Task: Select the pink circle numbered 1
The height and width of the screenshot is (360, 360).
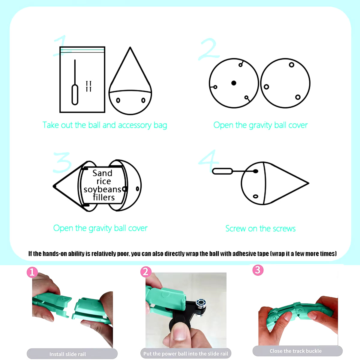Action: [x=32, y=272]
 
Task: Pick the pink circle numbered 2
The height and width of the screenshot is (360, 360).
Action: [x=146, y=271]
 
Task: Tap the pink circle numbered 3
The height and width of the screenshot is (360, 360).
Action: [x=258, y=270]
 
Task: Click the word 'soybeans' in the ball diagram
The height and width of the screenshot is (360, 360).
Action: [x=102, y=190]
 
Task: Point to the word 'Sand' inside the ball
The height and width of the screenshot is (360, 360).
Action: [x=102, y=173]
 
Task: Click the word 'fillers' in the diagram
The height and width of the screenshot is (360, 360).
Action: [x=104, y=197]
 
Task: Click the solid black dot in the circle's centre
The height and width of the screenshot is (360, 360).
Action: [x=233, y=83]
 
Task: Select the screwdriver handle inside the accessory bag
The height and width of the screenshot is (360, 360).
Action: [x=75, y=95]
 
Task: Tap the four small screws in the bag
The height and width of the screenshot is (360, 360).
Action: [x=88, y=86]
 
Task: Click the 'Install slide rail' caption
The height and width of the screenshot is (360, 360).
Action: [x=67, y=354]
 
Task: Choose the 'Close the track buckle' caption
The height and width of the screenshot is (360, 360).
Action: [x=295, y=351]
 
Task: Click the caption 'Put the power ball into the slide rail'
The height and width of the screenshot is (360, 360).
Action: [x=186, y=353]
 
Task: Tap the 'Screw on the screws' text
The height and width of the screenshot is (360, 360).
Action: [x=260, y=229]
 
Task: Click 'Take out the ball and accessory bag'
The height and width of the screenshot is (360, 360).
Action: [x=105, y=125]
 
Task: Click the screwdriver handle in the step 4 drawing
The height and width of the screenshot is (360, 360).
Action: [x=222, y=171]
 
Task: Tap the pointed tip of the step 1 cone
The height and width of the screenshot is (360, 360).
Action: [x=130, y=47]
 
